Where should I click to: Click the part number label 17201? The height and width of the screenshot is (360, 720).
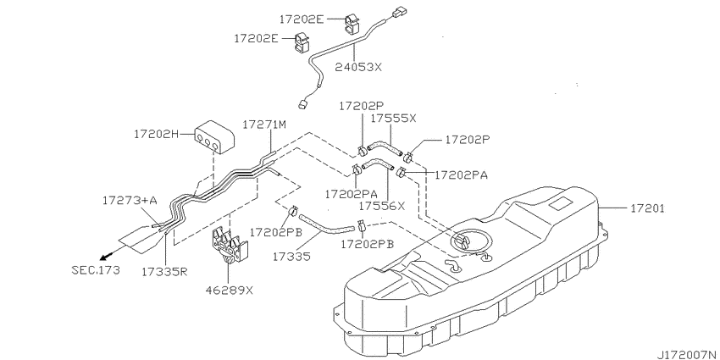(x=647, y=209)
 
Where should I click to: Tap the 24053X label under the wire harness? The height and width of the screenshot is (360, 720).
(x=357, y=67)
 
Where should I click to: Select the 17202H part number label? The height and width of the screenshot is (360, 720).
(x=156, y=134)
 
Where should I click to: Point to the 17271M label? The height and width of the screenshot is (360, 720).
(x=264, y=125)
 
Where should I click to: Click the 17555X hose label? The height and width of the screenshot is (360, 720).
(x=393, y=118)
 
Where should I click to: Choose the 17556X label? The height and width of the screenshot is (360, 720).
(x=383, y=206)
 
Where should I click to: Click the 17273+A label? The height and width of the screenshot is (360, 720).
(x=130, y=200)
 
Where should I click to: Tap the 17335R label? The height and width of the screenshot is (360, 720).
(x=164, y=271)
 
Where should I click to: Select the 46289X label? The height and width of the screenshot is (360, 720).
(x=230, y=291)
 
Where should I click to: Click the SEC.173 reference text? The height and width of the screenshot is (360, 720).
(x=96, y=270)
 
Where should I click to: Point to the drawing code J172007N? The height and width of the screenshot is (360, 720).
(x=688, y=354)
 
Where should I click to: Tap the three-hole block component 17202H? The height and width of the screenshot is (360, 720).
(x=214, y=137)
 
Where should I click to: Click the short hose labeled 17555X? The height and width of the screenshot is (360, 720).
(x=385, y=149)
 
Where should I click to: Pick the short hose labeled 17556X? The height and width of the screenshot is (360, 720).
(x=378, y=164)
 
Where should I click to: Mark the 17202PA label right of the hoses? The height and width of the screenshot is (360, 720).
(x=461, y=175)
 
